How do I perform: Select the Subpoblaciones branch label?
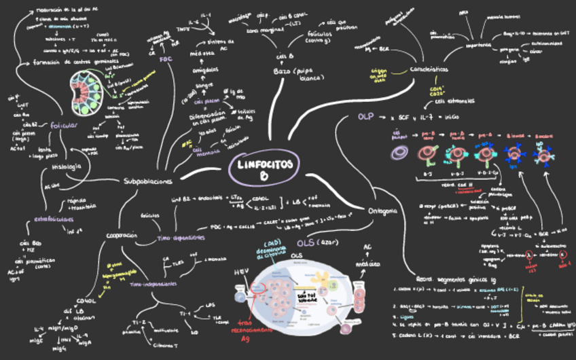tap(148, 181)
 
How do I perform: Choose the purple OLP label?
tap(366, 117)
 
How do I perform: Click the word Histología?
tap(67, 166)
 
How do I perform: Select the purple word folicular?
tap(64, 125)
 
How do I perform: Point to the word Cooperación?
tap(122, 236)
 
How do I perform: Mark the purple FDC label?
tap(166, 59)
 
